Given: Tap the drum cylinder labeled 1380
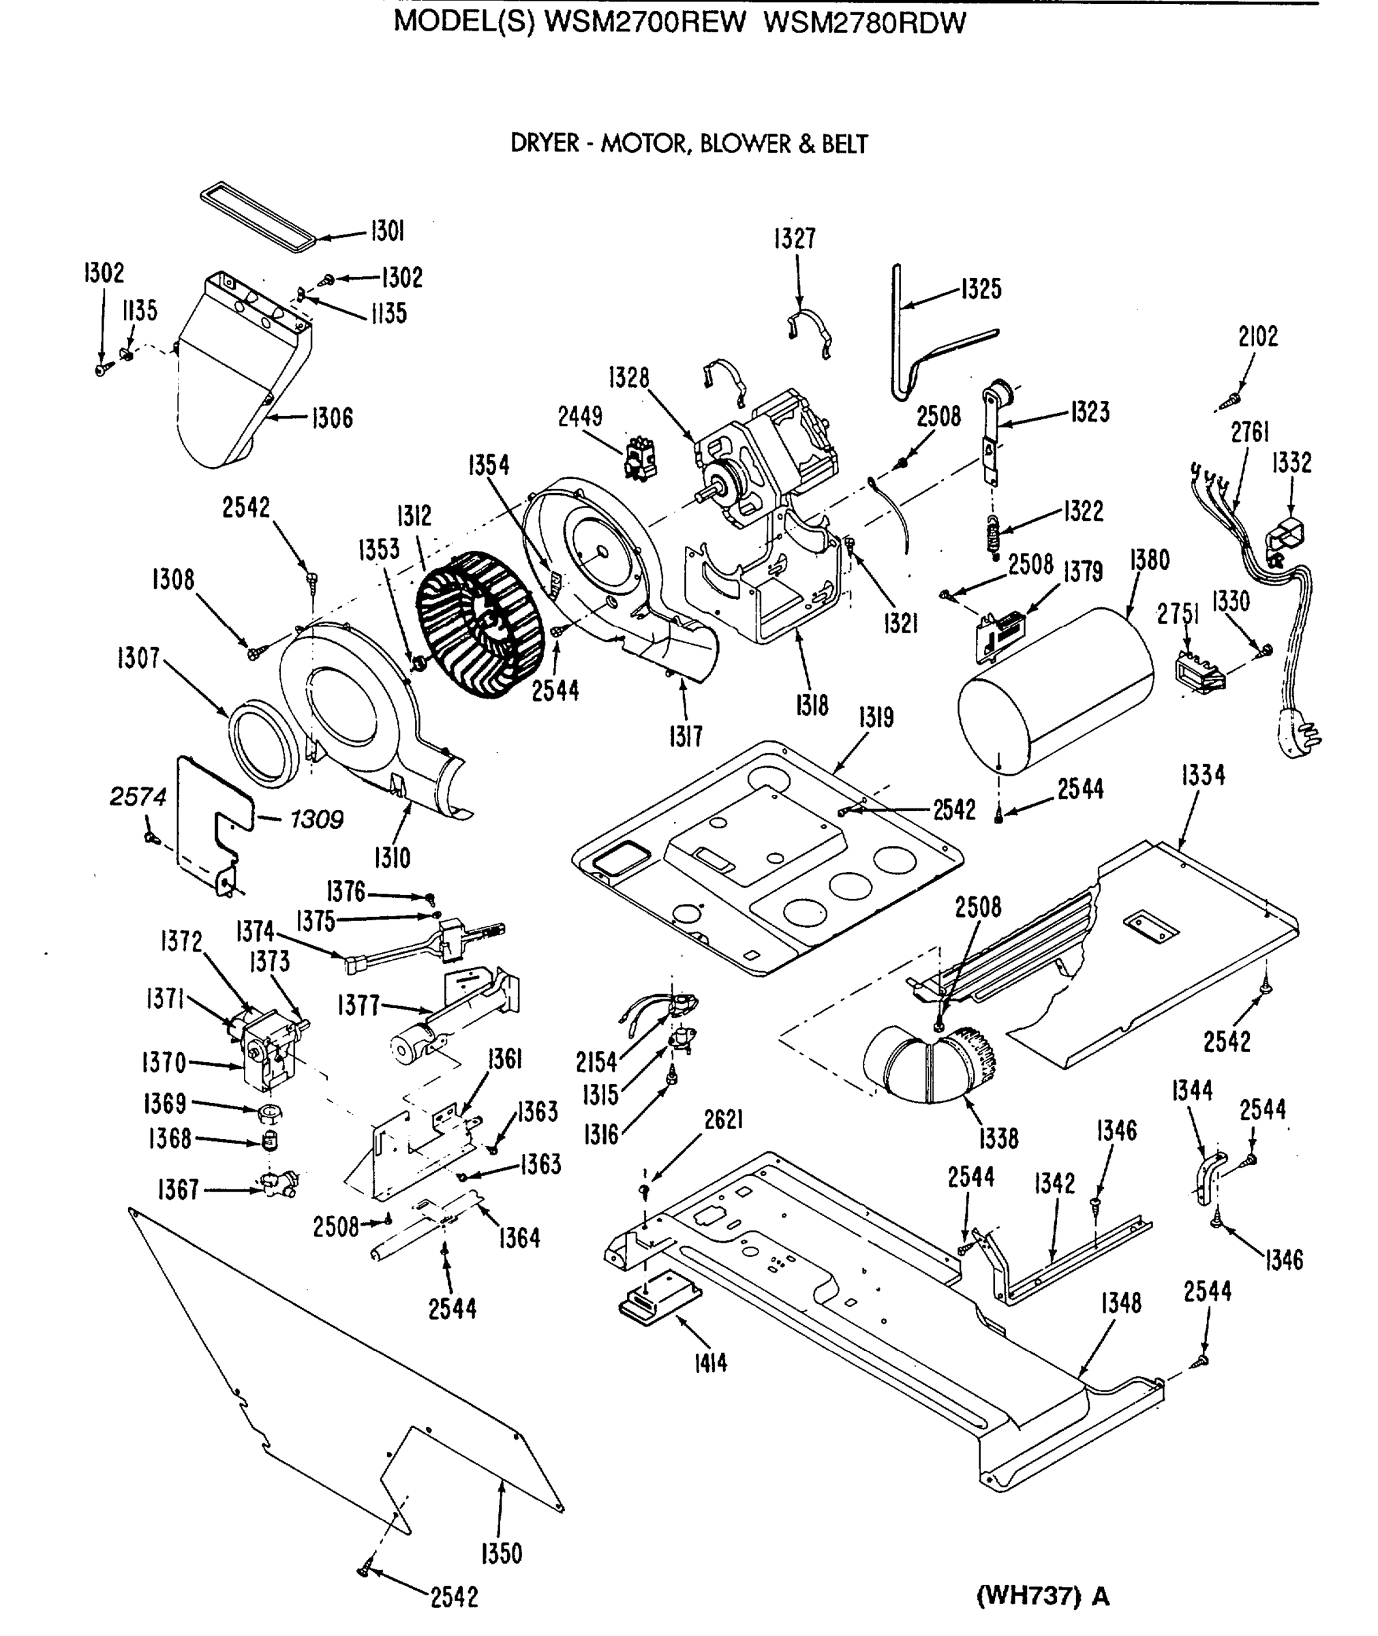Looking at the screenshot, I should point(1056,691).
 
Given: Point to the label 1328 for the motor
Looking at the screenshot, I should point(629,378).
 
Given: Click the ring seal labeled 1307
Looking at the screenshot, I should point(263,744).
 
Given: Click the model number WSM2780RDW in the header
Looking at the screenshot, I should point(864,22).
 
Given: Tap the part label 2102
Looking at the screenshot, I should point(1257,337).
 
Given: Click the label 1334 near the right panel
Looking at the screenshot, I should point(1203,776).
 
